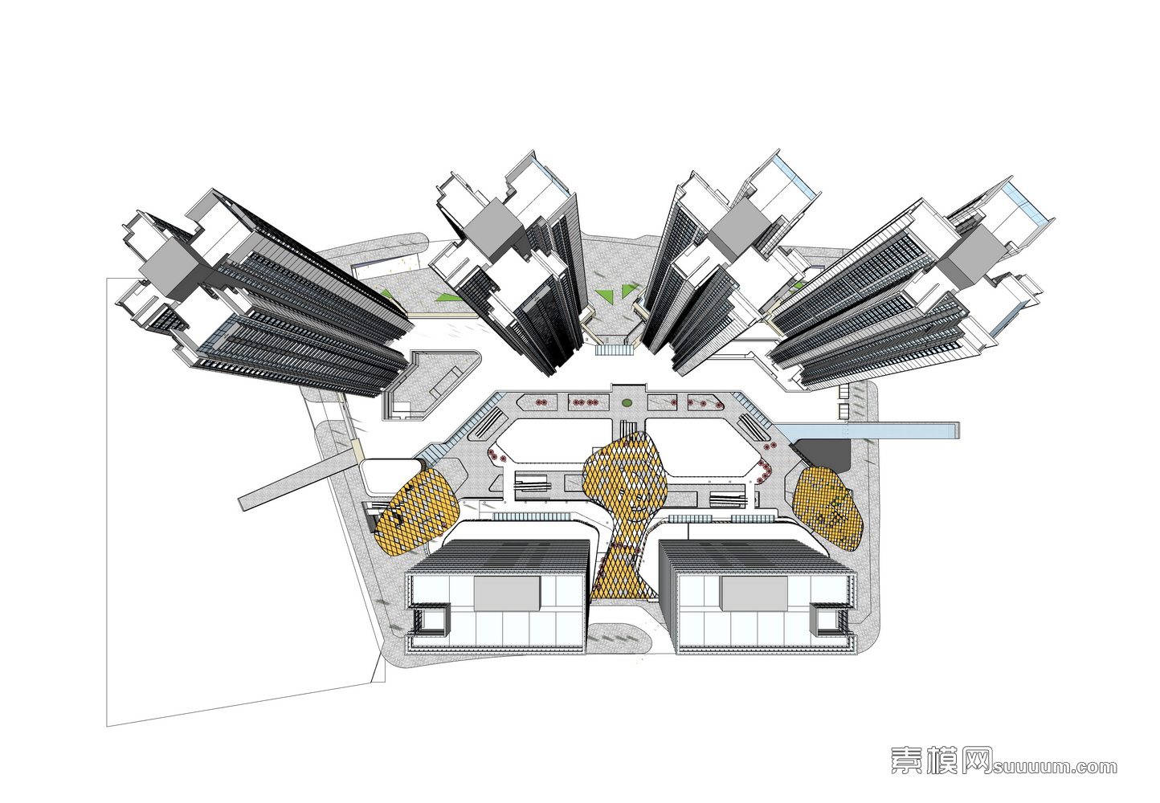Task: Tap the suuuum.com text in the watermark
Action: [x=1055, y=767]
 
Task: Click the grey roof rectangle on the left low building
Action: [x=506, y=595]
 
